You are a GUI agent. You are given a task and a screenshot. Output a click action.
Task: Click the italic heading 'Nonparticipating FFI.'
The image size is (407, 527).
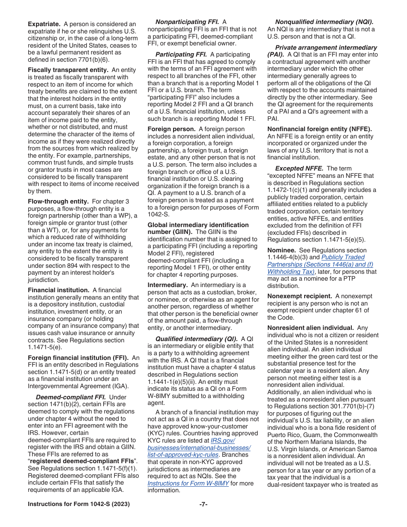click(x=187, y=22)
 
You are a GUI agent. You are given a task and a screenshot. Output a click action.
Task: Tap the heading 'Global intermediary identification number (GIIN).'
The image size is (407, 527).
click(x=198, y=228)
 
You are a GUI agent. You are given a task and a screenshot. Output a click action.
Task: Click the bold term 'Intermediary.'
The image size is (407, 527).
click(x=168, y=285)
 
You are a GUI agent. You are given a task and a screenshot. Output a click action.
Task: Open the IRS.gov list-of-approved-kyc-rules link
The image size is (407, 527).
click(x=199, y=448)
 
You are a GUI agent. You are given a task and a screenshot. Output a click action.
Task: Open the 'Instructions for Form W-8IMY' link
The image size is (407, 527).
click(x=188, y=483)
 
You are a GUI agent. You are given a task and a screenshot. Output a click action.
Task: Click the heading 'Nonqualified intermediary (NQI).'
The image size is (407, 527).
click(x=324, y=22)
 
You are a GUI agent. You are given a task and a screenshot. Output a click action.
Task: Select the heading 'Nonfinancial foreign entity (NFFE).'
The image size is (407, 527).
click(x=319, y=129)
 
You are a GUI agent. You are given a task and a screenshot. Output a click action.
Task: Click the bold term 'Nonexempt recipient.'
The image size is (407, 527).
click(x=299, y=296)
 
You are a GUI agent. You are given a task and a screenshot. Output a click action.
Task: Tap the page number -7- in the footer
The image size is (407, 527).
click(x=203, y=504)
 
